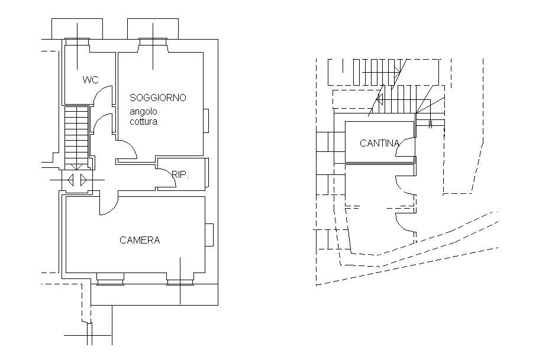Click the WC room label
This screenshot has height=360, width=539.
pos(91,80)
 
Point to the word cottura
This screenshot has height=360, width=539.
pos(143,122)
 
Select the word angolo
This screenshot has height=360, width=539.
pos(143,112)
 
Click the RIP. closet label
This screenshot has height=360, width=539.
pos(180,175)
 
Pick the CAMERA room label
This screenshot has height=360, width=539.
pos(140,240)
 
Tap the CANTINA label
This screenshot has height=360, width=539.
pos(379,143)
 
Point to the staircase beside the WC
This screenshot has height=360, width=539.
pos(76,138)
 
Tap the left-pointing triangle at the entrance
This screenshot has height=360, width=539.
pos(71,180)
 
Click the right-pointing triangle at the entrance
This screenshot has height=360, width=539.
pos(83,180)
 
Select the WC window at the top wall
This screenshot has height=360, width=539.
pos(77,41)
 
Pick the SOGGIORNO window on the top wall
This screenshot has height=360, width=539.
pos(153,41)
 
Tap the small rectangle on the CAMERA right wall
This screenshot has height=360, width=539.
pos(209,235)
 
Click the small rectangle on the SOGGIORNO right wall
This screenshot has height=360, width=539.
pos(206,121)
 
